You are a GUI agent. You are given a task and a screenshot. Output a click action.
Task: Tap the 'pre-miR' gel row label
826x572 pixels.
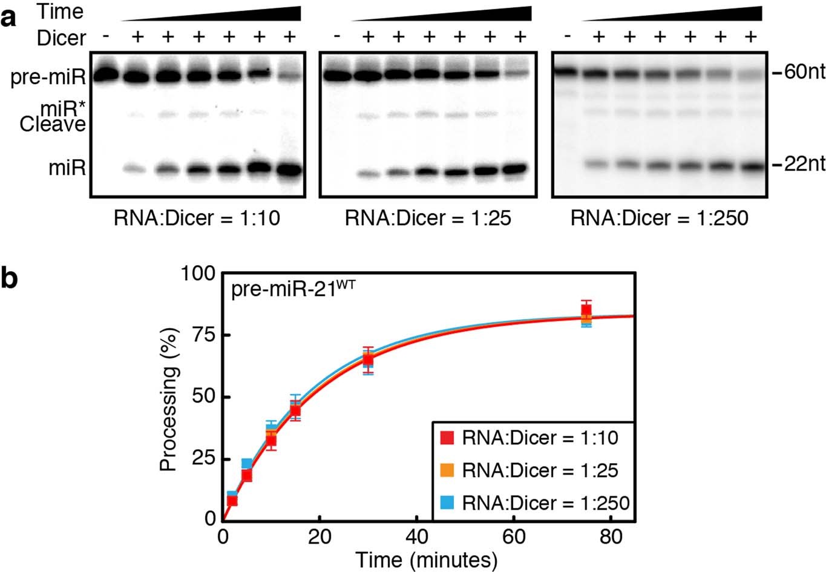tap(47, 77)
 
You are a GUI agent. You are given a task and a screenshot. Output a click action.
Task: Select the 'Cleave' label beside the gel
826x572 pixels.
tap(53, 125)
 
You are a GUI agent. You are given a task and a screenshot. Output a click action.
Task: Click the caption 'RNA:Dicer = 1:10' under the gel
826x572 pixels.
tap(197, 217)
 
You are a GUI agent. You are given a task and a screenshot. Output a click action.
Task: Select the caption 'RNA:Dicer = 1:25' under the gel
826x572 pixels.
tap(428, 217)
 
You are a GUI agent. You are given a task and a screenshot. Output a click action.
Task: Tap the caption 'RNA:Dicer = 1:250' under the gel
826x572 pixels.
tap(659, 217)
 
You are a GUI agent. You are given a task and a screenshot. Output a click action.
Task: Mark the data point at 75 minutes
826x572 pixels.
tap(586, 314)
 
